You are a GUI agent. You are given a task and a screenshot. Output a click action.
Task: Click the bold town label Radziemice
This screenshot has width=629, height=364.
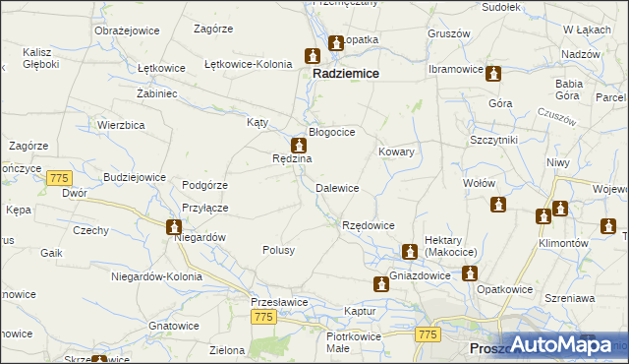coord(347,73)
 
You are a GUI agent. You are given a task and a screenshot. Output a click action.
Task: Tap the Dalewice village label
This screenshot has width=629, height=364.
coord(336,187)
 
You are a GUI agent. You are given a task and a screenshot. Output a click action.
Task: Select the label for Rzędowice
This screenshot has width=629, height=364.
coord(368,225)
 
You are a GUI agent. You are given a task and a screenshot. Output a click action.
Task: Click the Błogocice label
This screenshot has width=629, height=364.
coord(331,131)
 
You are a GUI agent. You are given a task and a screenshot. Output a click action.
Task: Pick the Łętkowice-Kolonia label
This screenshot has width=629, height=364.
coord(248,64)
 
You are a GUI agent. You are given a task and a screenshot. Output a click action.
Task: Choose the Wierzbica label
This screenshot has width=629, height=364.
coord(122,125)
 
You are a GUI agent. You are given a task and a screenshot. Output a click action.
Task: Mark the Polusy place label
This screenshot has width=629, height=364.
coord(278,250)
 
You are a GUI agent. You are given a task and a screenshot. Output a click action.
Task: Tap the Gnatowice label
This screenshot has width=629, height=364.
coord(173,325)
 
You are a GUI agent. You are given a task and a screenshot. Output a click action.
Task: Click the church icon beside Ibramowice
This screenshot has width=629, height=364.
coord(494,73)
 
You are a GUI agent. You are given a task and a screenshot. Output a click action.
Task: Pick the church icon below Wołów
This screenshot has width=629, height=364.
coord(498,205)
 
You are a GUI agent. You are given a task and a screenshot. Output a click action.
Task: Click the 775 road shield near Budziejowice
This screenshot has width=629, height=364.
coord(59,177)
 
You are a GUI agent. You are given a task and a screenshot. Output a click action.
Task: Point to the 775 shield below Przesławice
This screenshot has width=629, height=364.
coord(262,317)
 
